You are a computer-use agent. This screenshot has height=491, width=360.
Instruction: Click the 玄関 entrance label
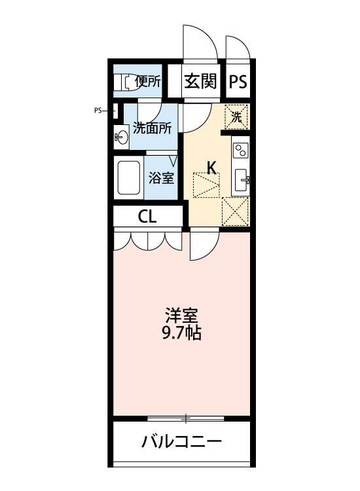(200, 82)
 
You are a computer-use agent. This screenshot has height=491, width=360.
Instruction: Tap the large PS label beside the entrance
(238, 82)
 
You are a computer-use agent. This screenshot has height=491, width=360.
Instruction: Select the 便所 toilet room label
(148, 82)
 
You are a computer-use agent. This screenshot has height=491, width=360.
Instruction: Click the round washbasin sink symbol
(122, 137)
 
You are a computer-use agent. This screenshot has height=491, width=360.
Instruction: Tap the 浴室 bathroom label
(161, 177)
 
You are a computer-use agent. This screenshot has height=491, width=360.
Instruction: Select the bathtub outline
(129, 177)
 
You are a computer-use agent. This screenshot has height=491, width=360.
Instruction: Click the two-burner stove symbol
(240, 150)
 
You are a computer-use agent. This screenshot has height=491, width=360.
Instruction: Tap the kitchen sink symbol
(242, 178)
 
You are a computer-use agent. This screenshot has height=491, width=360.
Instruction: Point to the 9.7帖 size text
(181, 333)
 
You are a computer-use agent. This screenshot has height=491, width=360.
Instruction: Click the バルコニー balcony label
(182, 442)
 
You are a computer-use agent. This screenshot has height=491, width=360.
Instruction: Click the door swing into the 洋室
(204, 247)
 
